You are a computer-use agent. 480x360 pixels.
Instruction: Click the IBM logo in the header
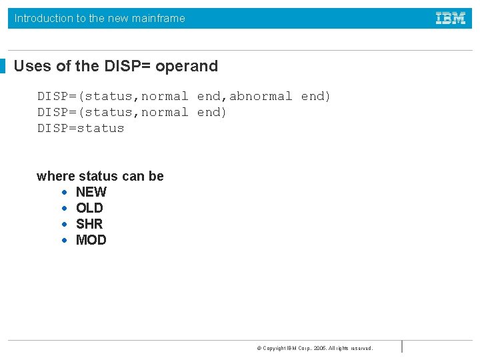click(x=451, y=18)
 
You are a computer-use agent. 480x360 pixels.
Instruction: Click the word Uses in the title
click(x=29, y=66)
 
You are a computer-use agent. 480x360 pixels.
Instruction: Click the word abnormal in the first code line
click(x=261, y=96)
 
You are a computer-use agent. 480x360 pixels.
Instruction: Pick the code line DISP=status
click(x=81, y=128)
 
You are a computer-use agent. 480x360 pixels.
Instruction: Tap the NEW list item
click(x=91, y=192)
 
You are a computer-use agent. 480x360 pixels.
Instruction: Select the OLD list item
click(x=89, y=208)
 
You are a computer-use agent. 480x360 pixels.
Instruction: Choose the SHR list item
click(x=89, y=224)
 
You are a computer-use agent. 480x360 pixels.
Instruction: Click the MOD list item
click(x=91, y=240)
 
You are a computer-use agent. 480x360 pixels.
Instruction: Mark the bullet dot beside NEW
click(x=64, y=193)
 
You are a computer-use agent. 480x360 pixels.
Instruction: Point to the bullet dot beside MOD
click(x=64, y=241)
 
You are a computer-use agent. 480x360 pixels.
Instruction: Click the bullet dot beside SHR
click(x=64, y=225)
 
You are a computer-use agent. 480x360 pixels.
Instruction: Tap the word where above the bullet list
click(x=56, y=176)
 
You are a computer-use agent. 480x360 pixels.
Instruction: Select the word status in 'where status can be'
click(x=97, y=176)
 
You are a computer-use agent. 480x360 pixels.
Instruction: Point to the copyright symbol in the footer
click(x=259, y=348)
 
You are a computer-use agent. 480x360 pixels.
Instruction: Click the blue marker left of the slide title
click(x=3, y=66)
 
